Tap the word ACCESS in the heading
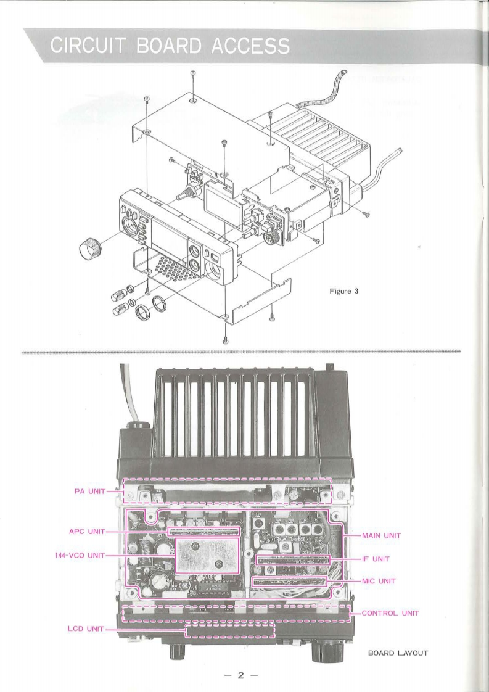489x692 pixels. [251, 46]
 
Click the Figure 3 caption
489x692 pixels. [344, 291]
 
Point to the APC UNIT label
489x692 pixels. [88, 532]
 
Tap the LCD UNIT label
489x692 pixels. [86, 628]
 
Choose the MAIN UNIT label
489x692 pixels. [381, 536]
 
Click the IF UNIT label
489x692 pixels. [376, 559]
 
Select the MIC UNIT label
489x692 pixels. [379, 581]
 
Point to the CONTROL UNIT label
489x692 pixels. [390, 613]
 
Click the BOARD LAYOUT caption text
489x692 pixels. [398, 653]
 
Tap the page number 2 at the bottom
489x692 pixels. [241, 675]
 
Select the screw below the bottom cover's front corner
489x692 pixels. [226, 339]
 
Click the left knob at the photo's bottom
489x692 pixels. [178, 650]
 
